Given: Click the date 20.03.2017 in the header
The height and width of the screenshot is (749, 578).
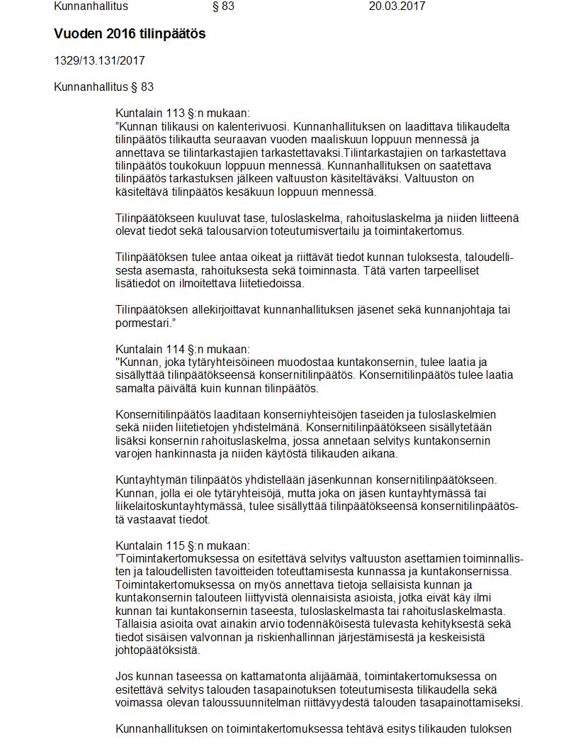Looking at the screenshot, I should [397, 6].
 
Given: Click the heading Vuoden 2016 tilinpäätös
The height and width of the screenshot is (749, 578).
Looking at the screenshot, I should [130, 34].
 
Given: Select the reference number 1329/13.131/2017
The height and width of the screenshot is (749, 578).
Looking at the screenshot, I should [99, 61].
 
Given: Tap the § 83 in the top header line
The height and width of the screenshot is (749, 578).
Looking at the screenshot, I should [223, 6].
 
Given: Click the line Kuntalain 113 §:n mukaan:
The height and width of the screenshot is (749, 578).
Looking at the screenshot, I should [182, 113].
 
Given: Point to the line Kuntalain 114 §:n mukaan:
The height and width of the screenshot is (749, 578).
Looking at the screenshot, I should [182, 349].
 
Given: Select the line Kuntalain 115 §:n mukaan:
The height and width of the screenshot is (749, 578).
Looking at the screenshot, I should [182, 545].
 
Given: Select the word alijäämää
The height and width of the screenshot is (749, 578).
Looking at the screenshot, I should [288, 677].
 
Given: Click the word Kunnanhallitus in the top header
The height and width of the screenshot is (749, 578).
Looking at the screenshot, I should [91, 6].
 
